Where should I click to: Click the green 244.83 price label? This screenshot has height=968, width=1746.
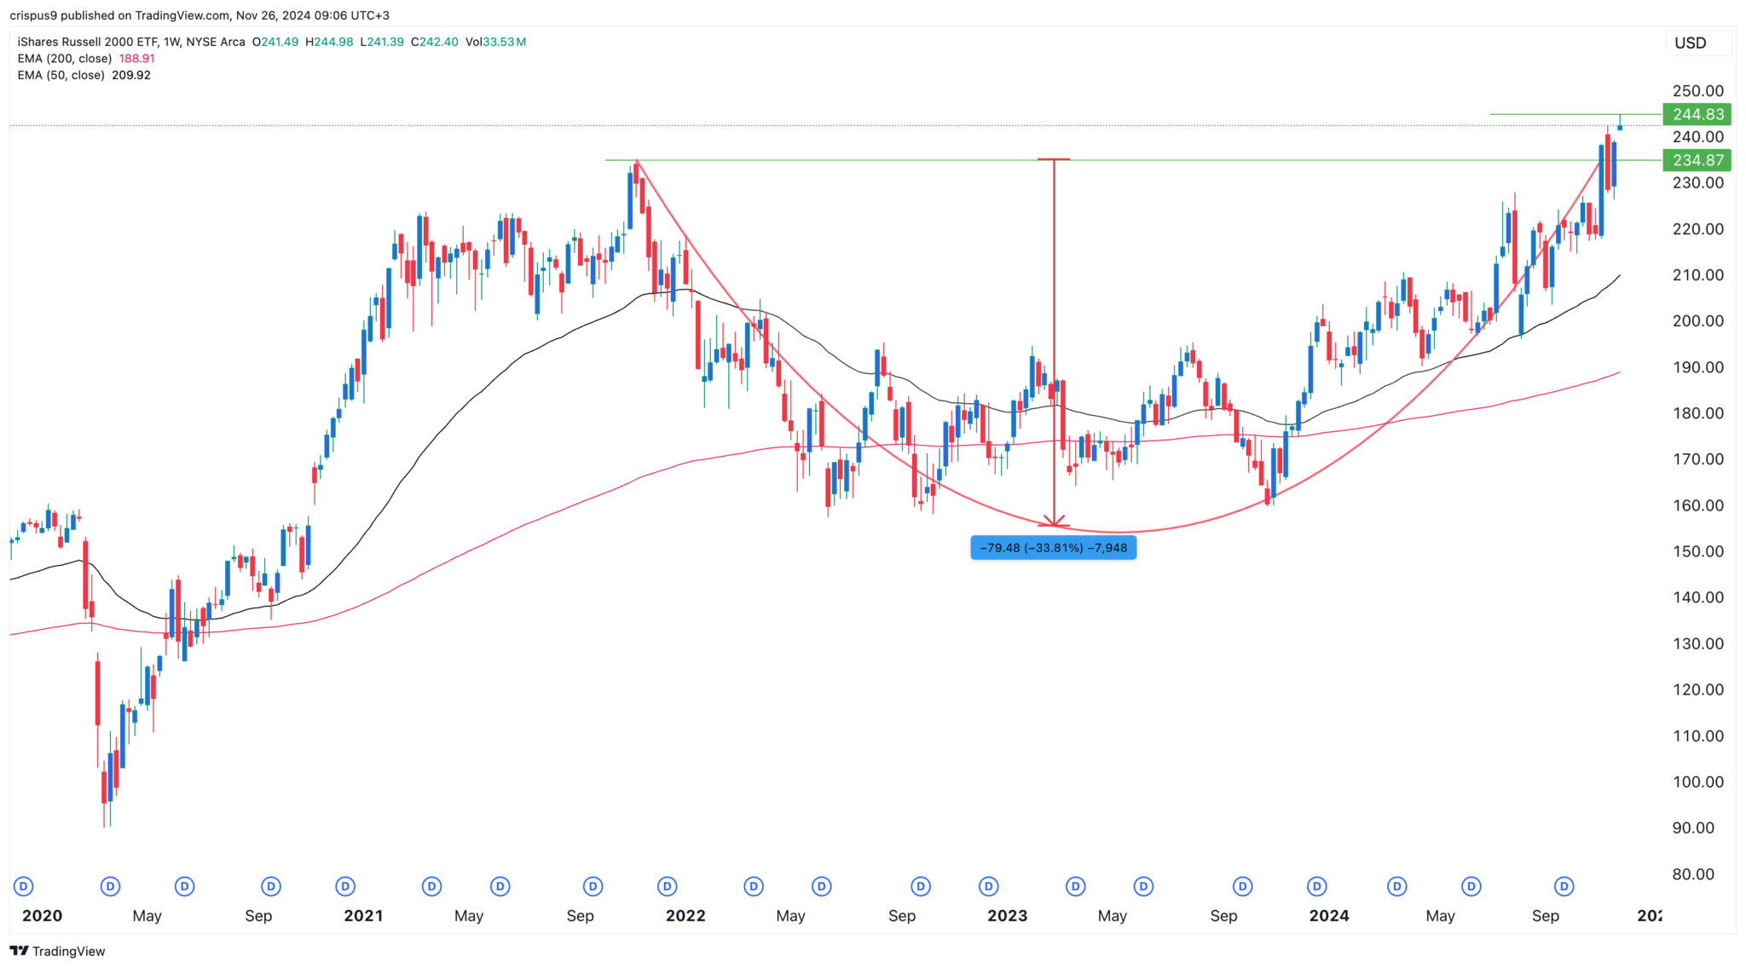tap(1697, 114)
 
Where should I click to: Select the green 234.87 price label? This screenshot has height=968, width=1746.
tap(1697, 160)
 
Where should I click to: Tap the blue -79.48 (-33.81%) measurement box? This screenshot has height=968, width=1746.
tap(1053, 548)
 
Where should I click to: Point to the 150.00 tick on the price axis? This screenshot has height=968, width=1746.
tap(1697, 551)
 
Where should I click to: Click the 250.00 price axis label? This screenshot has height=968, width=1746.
tap(1697, 91)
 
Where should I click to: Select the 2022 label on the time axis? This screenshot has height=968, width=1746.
tap(685, 916)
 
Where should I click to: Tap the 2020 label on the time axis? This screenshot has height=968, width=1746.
tap(42, 916)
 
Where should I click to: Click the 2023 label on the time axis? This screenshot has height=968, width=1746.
tap(1007, 916)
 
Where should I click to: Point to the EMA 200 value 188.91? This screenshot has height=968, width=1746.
tap(136, 59)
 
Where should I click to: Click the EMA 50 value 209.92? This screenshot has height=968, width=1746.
tap(131, 75)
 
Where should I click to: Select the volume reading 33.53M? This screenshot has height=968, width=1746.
tap(504, 42)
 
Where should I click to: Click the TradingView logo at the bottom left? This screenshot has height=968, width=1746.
tap(57, 951)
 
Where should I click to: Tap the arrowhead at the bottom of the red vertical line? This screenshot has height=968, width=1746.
tap(1055, 521)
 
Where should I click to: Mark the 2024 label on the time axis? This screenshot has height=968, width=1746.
tap(1329, 916)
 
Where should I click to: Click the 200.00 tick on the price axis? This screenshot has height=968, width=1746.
tap(1697, 321)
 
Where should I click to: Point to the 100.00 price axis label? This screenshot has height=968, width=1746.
tap(1697, 782)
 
